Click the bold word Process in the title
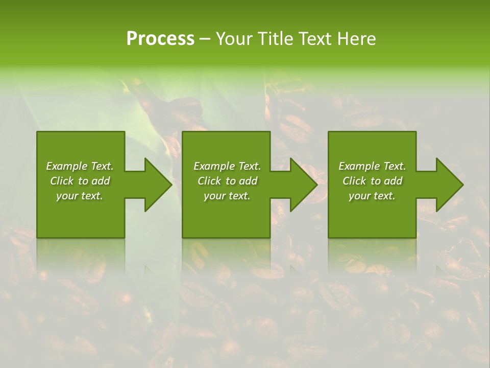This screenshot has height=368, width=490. [160, 39]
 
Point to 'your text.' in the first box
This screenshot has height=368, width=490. [80, 196]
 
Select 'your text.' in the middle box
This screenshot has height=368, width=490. [227, 196]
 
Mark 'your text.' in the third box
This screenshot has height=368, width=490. [372, 196]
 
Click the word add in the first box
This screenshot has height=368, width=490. [101, 181]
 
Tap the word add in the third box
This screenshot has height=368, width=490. [393, 181]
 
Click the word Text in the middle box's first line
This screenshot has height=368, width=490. [250, 166]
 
